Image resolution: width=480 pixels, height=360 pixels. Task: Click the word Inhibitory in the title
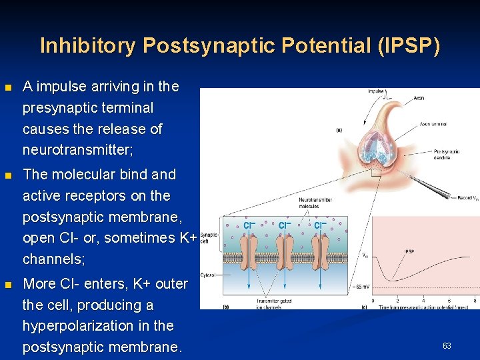click(86, 45)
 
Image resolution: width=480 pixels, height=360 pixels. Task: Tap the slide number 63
click(447, 345)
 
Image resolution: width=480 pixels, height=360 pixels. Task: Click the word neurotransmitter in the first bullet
click(77, 149)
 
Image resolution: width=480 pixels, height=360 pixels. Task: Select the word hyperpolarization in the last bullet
click(98, 326)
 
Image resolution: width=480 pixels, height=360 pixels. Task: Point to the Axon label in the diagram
click(418, 98)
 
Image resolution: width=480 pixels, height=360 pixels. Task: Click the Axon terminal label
click(433, 124)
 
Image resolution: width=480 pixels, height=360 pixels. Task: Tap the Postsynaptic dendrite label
click(446, 154)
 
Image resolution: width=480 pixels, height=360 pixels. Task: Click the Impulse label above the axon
click(375, 91)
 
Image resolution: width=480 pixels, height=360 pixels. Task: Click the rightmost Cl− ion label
click(321, 225)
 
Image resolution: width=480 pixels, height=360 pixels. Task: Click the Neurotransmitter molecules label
click(315, 203)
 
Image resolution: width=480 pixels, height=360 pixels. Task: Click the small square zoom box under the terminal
click(377, 171)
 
